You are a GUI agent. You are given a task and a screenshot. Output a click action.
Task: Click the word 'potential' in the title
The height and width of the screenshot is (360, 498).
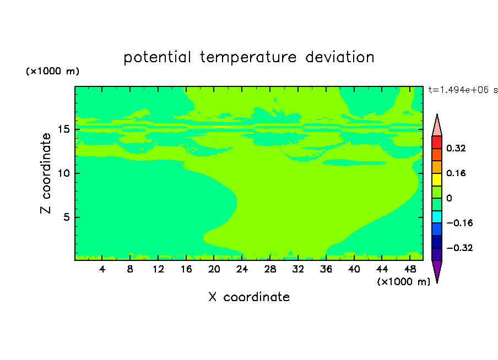(x=157, y=57)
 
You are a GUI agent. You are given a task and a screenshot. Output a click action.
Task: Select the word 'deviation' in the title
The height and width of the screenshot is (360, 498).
(x=340, y=57)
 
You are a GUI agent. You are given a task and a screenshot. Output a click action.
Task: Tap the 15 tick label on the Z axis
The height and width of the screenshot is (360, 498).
(x=64, y=129)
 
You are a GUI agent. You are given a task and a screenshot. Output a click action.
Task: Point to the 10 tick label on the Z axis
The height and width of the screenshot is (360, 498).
(x=64, y=173)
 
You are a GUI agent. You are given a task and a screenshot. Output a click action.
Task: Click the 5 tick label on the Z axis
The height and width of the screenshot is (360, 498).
(x=67, y=217)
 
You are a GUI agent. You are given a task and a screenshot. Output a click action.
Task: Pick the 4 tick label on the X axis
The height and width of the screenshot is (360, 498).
(x=102, y=269)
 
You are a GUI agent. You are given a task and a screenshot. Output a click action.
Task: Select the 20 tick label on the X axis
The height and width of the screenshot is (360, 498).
(x=214, y=269)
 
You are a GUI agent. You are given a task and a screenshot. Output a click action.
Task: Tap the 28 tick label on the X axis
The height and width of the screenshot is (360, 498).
(x=270, y=269)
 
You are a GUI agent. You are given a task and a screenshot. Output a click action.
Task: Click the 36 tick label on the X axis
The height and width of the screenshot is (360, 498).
(x=326, y=269)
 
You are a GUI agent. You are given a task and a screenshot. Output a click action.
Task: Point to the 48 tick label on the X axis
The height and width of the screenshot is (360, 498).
(x=410, y=269)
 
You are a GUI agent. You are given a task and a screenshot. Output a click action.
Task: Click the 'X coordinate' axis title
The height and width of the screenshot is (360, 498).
(x=249, y=297)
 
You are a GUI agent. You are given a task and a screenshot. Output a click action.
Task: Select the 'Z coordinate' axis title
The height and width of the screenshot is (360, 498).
(x=46, y=173)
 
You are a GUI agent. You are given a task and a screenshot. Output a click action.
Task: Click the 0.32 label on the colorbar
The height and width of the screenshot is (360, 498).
(x=456, y=148)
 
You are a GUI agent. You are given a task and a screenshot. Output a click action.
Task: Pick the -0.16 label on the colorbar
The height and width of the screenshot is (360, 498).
(x=459, y=223)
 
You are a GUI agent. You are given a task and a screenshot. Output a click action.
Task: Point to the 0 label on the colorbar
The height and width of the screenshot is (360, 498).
(x=449, y=198)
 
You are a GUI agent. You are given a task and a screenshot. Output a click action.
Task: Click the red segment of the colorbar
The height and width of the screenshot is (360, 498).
(x=437, y=142)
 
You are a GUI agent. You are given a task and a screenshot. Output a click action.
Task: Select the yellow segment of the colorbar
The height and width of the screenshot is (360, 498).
(x=437, y=179)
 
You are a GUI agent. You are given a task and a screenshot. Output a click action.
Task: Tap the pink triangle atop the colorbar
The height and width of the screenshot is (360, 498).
(x=437, y=127)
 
